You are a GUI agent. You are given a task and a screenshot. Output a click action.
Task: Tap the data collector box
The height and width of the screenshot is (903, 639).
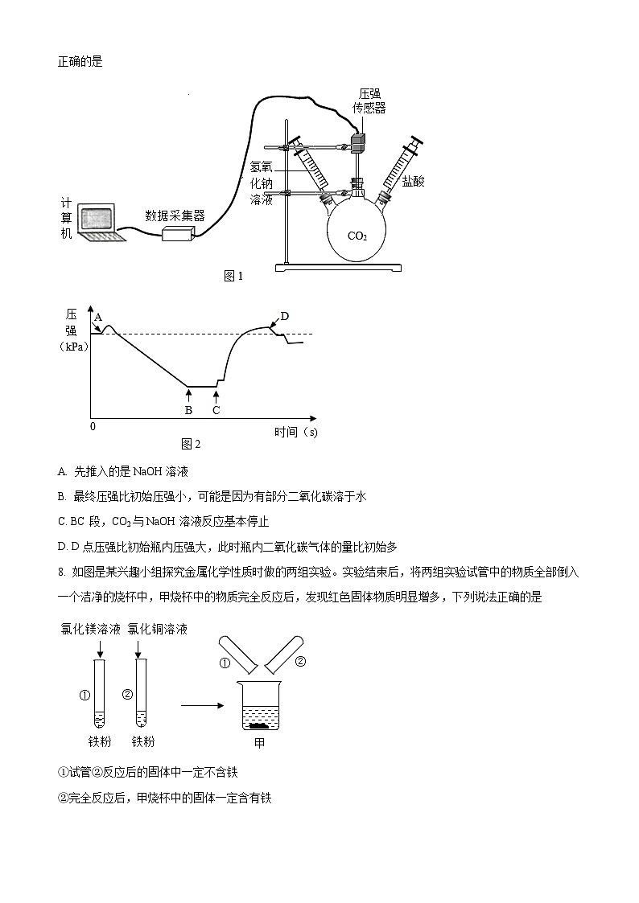click(x=179, y=233)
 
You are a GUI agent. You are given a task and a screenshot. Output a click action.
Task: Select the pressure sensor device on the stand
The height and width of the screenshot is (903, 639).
click(x=357, y=142)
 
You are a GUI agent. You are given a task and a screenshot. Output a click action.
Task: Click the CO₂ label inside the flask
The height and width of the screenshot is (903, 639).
click(x=357, y=236)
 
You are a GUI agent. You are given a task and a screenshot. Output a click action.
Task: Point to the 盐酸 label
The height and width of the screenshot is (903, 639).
click(x=414, y=182)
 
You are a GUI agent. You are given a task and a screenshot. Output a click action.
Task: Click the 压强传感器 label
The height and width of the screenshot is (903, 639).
click(x=369, y=101)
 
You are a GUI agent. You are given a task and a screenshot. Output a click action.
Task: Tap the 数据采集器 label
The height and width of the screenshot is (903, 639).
click(x=175, y=215)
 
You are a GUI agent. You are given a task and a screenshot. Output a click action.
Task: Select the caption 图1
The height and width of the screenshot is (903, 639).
click(x=233, y=277)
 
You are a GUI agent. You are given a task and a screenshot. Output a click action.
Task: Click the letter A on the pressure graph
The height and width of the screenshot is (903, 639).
click(x=98, y=318)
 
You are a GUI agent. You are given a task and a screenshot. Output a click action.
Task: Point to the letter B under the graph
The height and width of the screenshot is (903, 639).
click(x=188, y=410)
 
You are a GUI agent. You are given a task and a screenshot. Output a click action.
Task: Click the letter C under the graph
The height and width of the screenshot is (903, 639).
click(x=216, y=410)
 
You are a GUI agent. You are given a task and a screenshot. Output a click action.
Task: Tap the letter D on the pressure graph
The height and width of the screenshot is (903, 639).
click(x=284, y=315)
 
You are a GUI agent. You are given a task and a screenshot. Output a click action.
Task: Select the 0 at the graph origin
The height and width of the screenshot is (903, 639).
click(x=93, y=426)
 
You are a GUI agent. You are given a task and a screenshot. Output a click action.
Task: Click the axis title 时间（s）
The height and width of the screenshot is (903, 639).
click(x=295, y=433)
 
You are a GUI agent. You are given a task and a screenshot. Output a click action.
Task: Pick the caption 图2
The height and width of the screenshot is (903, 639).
click(x=191, y=444)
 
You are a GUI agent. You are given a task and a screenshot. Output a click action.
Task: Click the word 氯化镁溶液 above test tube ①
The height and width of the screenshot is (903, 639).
click(x=91, y=629)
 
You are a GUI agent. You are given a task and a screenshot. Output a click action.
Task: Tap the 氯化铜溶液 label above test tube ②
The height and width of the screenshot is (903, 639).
click(x=158, y=629)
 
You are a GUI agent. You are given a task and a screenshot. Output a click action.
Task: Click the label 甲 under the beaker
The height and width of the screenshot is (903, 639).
click(x=259, y=744)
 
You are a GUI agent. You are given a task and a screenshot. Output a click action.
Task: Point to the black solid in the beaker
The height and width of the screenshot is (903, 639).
click(x=259, y=725)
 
